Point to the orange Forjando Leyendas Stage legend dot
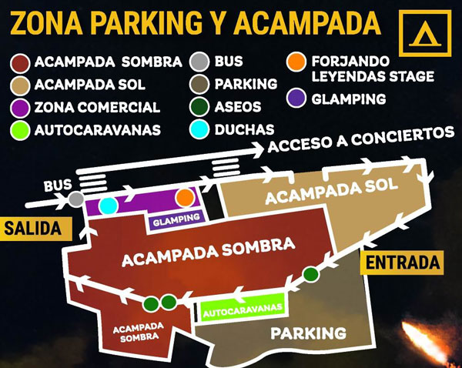pyautogui.click(x=295, y=61)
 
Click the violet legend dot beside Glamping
pyautogui.click(x=295, y=98)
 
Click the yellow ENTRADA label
pyautogui.click(x=402, y=262)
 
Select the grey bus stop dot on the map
pyautogui.click(x=75, y=199)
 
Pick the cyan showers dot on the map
pyautogui.click(x=109, y=204)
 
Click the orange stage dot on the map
pyautogui.click(x=184, y=197)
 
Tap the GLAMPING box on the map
pyautogui.click(x=176, y=219)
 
